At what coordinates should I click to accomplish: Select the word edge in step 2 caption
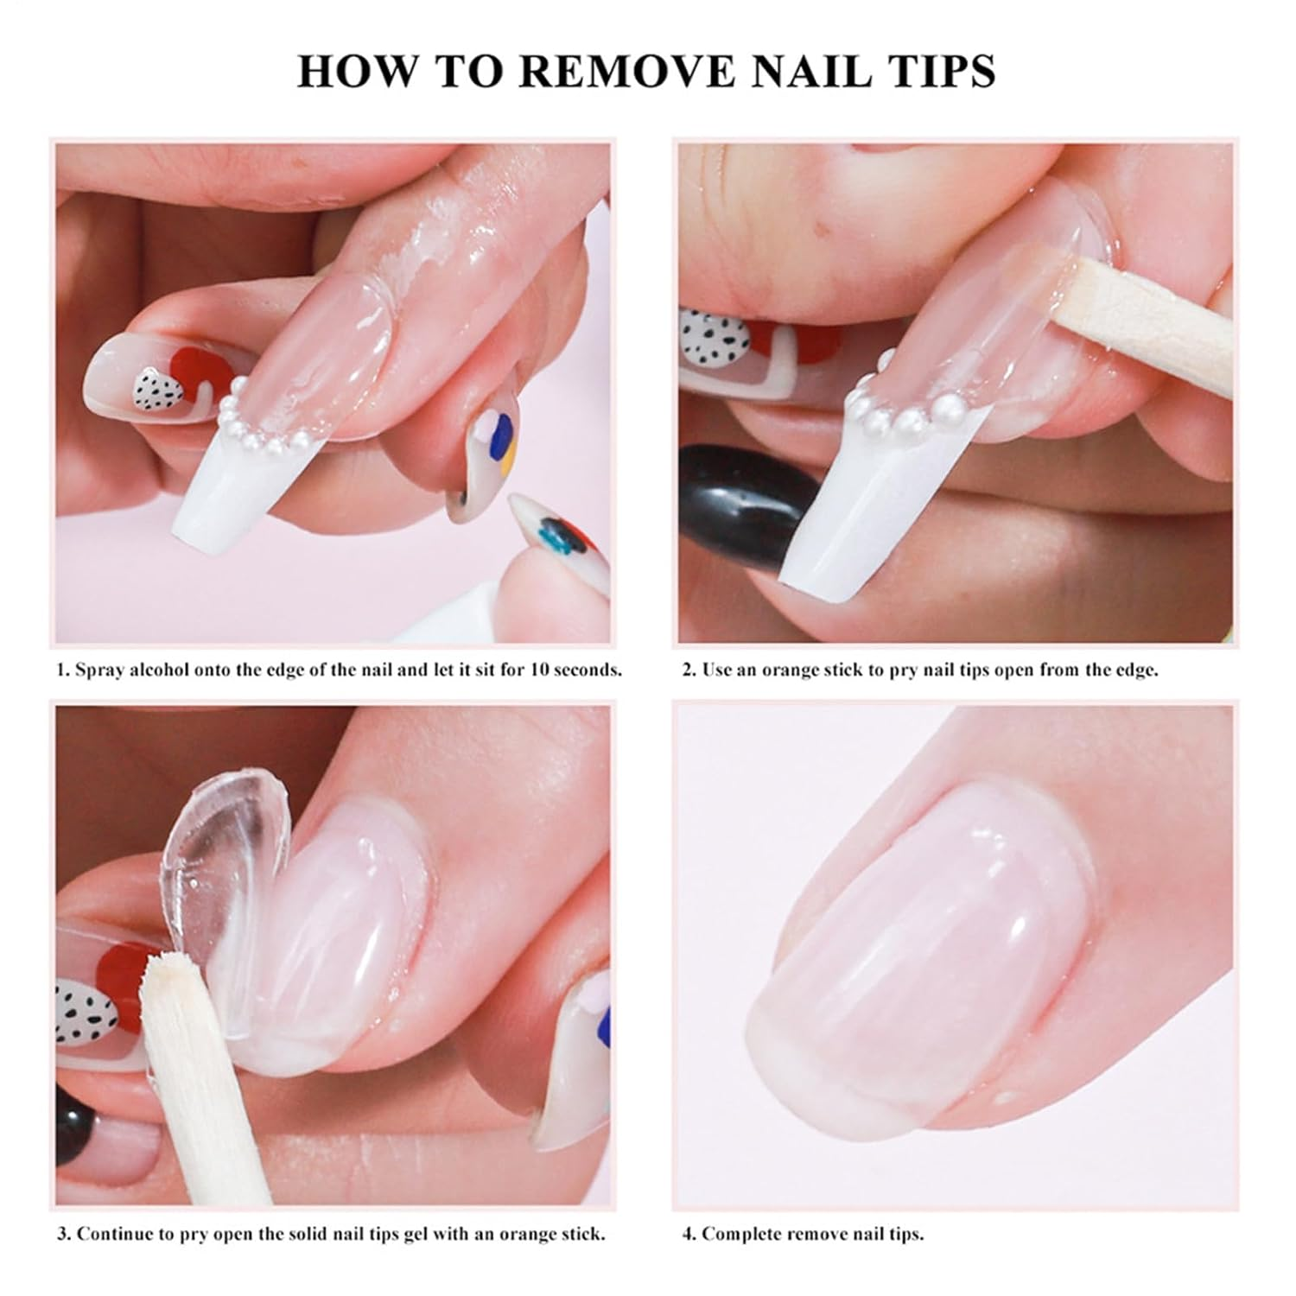point(1129,670)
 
